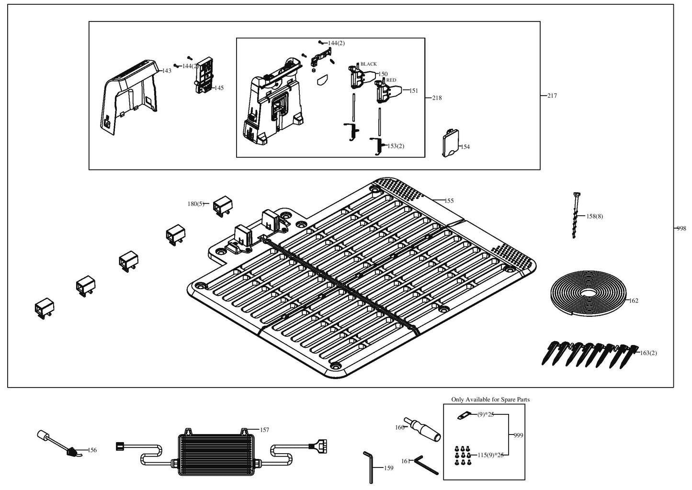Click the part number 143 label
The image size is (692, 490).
pos(167,71)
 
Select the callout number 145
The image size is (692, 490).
pos(219,88)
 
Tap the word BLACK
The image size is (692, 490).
pos(369,64)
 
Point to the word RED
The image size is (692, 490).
pos(391,80)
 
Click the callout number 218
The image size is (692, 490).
pos(437,98)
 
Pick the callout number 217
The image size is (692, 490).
pos(552,96)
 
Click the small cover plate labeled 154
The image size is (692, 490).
pos(450,145)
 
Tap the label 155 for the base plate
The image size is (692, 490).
pos(449,201)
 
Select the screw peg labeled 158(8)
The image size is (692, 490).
pos(575,215)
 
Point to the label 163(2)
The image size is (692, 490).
pos(648,353)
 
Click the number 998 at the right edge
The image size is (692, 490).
pos(681,229)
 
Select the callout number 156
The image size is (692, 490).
pos(92,450)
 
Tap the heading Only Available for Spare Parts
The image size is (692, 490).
pos(490,400)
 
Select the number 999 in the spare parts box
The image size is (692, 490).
pos(518,435)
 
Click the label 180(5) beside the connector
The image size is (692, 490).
pos(195,204)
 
